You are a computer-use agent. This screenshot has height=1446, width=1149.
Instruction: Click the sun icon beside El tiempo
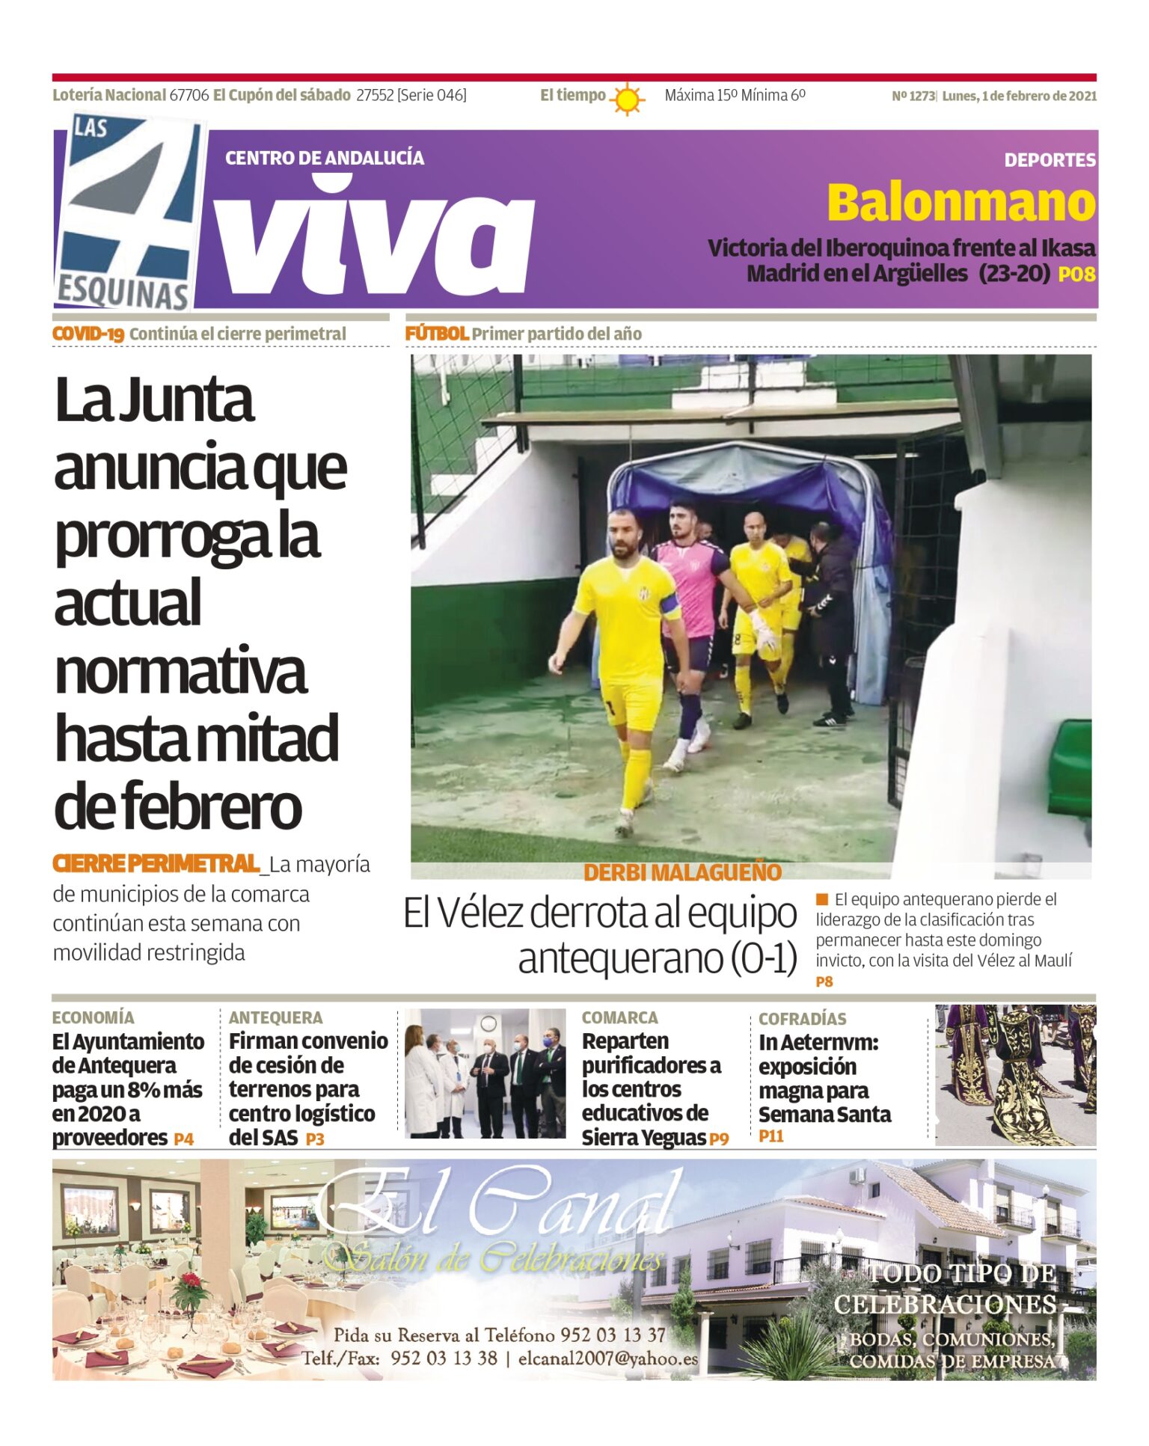[x=626, y=98]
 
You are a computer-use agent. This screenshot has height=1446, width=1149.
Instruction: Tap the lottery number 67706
[x=189, y=95]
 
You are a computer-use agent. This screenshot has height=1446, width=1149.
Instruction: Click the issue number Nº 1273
[x=913, y=96]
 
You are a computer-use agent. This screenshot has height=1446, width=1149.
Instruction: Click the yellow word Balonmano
[x=960, y=203]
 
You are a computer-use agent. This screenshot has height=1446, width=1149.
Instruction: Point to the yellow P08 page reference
[x=1076, y=275]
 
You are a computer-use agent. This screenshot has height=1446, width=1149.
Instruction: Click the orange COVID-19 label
[x=88, y=334]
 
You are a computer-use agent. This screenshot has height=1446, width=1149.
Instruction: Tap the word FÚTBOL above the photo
[x=436, y=334]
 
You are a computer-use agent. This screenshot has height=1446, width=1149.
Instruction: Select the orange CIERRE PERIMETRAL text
[x=156, y=863]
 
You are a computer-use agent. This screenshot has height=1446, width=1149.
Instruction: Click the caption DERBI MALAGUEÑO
[x=682, y=872]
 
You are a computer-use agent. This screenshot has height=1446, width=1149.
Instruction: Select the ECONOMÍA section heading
[x=93, y=1017]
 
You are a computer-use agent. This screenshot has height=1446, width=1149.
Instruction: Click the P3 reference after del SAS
[x=315, y=1139]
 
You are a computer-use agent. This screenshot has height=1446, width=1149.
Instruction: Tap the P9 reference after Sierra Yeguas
[x=719, y=1139]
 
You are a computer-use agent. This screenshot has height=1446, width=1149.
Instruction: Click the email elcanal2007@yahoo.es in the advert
[x=607, y=1358]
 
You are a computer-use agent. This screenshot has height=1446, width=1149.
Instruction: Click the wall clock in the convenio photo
[x=488, y=1023]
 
